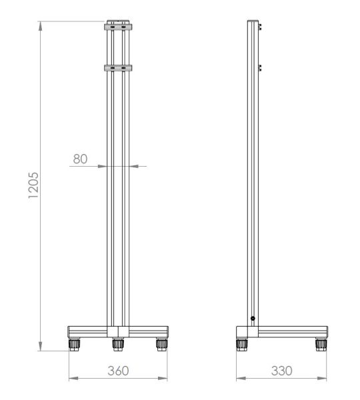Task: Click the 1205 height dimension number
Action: [x=34, y=185]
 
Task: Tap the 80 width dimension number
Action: [x=80, y=159]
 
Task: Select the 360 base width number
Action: [x=118, y=371]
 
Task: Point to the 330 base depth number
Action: [x=282, y=371]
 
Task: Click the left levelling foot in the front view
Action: [x=74, y=345]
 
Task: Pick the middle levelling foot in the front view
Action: [x=118, y=345]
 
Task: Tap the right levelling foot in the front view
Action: [x=162, y=345]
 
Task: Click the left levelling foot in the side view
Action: [x=241, y=345]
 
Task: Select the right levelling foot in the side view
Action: [x=321, y=345]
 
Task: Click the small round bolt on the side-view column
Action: [x=253, y=319]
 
